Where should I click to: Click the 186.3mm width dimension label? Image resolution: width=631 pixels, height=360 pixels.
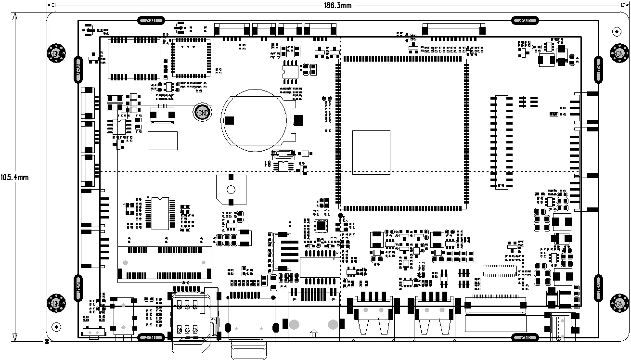[x=339, y=5]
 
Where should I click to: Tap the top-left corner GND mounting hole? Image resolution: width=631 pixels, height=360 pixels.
[x=56, y=53]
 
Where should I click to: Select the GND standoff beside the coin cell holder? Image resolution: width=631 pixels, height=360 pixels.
[x=202, y=113]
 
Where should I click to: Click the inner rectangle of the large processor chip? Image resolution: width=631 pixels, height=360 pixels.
[x=371, y=152]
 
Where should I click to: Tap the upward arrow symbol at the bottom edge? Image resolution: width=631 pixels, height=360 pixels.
[x=314, y=333]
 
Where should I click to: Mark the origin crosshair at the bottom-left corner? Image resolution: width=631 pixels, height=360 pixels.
[x=47, y=342]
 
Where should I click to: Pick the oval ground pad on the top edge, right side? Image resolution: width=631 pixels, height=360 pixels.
[x=525, y=21]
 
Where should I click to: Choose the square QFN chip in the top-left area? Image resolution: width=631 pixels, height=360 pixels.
[x=191, y=58]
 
